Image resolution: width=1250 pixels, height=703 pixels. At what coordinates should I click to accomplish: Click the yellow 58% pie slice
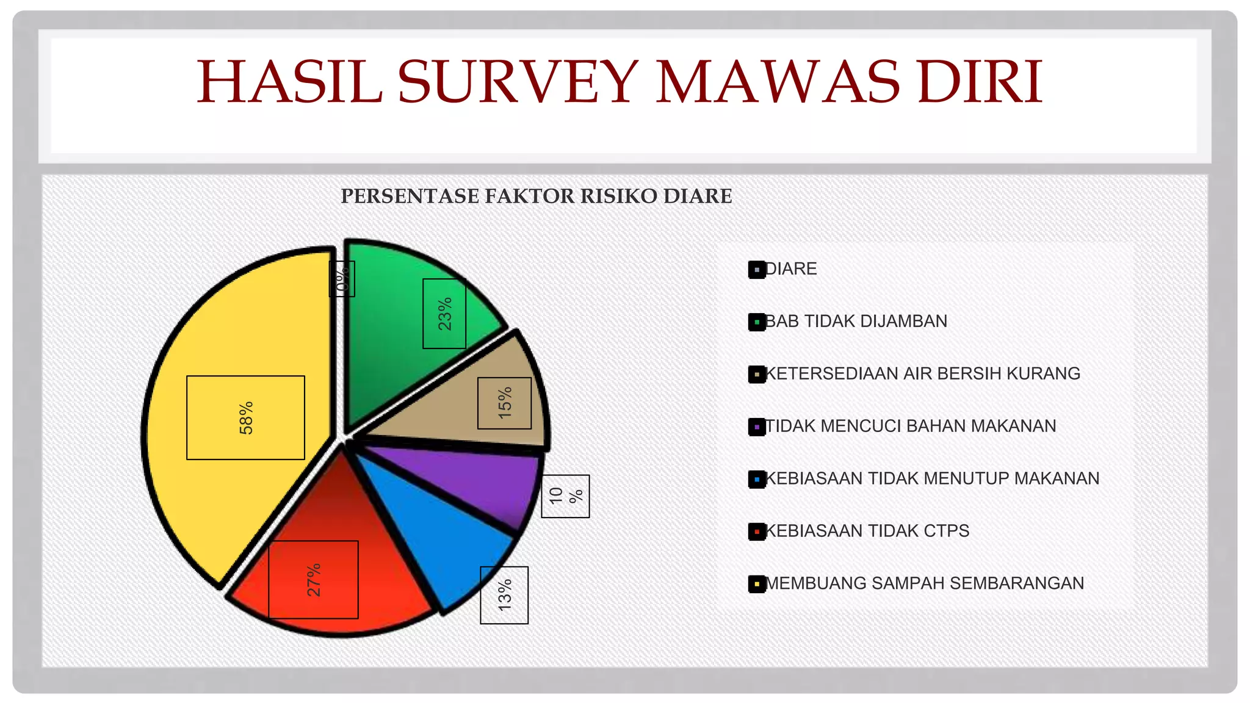[x=244, y=342]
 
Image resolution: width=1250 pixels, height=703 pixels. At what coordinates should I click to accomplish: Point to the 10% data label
[x=565, y=496]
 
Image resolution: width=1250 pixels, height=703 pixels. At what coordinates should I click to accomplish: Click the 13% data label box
[x=504, y=595]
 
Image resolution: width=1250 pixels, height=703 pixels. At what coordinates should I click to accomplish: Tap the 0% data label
[x=342, y=279]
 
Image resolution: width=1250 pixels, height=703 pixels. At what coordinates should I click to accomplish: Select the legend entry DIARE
[x=790, y=269]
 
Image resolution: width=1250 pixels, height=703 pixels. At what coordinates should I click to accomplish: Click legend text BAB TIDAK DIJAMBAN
[x=856, y=322]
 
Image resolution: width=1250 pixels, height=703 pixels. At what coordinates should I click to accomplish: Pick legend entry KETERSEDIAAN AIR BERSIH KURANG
[x=922, y=374]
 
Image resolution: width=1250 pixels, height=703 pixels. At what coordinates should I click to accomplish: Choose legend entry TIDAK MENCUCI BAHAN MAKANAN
[x=910, y=427]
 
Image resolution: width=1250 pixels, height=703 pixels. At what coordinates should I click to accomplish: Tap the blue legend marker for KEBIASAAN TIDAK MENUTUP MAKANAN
[x=757, y=479]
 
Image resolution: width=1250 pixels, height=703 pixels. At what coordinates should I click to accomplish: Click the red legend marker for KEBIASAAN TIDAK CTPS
[x=757, y=532]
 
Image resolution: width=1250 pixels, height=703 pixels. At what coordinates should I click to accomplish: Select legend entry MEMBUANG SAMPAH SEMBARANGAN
[x=924, y=584]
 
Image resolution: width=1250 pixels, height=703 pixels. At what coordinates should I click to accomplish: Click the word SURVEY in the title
[x=519, y=82]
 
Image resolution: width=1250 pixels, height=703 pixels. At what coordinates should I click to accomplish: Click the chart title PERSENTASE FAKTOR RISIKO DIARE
[x=536, y=196]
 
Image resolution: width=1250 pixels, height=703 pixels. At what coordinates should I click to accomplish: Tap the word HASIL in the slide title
[x=289, y=82]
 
